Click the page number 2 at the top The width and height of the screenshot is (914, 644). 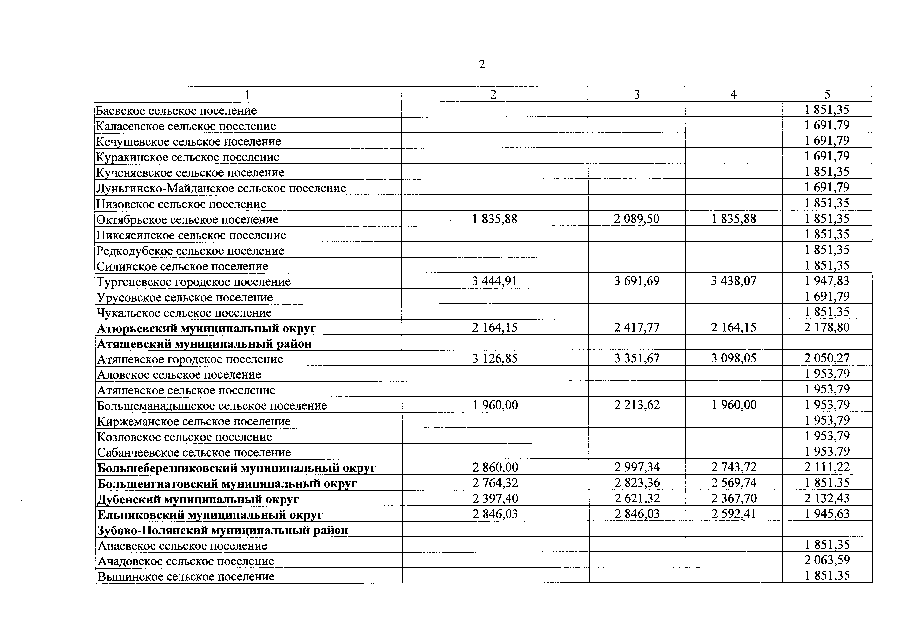(482, 65)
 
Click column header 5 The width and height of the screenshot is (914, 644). (827, 94)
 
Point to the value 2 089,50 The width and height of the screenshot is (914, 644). (636, 219)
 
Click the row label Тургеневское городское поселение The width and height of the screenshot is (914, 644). (193, 282)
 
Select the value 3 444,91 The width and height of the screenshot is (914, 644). (494, 281)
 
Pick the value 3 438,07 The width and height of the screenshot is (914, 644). (733, 281)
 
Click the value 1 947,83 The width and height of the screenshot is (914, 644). (827, 281)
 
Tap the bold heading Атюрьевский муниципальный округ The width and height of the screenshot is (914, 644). (207, 328)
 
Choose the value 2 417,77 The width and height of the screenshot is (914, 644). (636, 327)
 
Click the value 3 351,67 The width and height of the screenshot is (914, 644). (636, 358)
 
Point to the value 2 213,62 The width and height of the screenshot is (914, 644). (636, 405)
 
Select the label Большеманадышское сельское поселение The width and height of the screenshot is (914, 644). (212, 406)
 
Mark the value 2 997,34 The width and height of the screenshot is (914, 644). (636, 467)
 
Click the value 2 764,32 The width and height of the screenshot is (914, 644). (495, 483)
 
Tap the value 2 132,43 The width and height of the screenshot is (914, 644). (827, 498)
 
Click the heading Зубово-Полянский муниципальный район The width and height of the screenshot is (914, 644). (222, 530)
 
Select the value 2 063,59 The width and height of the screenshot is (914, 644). (827, 560)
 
